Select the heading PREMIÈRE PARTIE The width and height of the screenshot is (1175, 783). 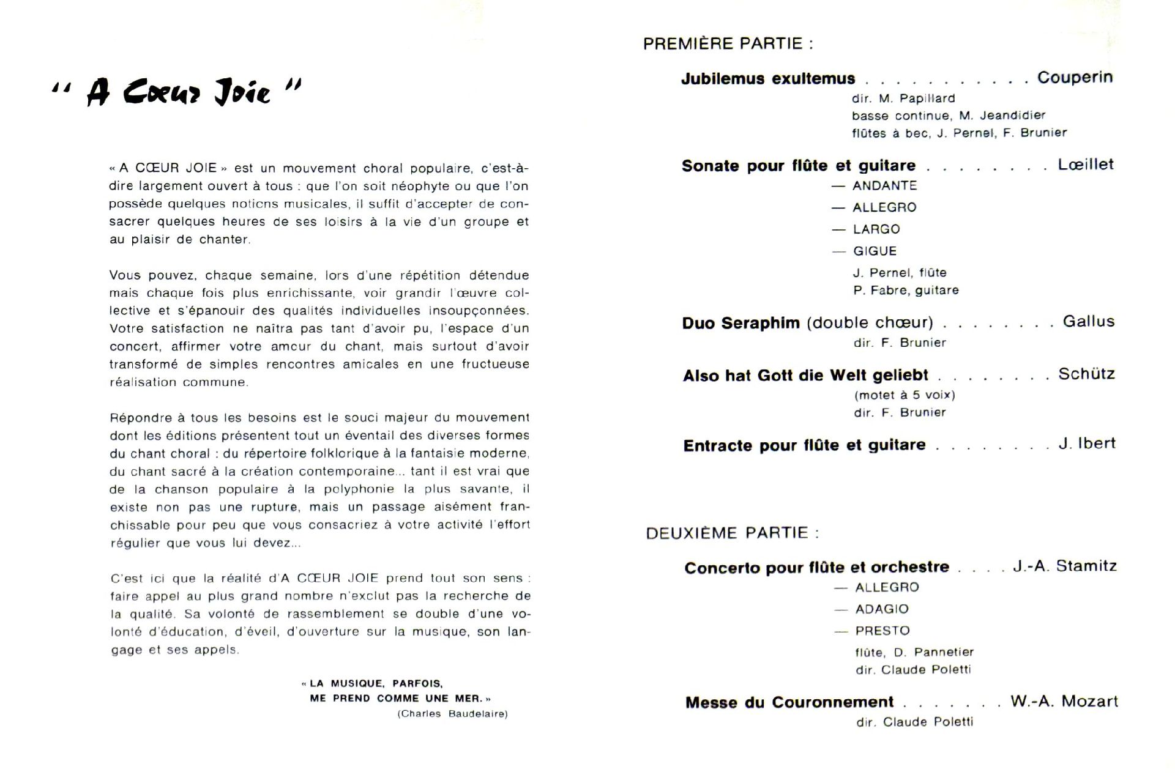pos(728,44)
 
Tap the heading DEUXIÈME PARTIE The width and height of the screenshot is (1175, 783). pos(732,533)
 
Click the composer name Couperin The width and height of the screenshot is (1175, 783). pos(1075,78)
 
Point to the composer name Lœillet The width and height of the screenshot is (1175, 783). pos(1085,165)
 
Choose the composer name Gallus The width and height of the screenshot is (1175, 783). pos(1088,322)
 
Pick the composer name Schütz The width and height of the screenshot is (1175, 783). pos(1086,374)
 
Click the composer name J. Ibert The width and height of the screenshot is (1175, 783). pos(1087,443)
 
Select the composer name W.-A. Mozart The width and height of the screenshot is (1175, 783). pos(1064,702)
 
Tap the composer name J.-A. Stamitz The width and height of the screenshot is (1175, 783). pos(1064,566)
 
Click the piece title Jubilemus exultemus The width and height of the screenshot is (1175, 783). pos(768,79)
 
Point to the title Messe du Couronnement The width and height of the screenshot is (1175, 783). pos(789,702)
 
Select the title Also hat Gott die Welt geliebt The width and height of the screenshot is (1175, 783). pos(805,376)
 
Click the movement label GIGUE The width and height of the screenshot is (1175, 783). pos(875,251)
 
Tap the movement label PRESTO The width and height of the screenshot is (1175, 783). pos(882,631)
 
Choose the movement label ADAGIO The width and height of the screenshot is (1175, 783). pos(881,609)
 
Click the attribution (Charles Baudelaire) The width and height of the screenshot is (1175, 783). pos(452,714)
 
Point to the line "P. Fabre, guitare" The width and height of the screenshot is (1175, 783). pos(906,291)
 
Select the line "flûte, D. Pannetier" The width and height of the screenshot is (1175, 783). pos(914,652)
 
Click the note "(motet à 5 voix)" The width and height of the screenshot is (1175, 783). pos(905,395)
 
